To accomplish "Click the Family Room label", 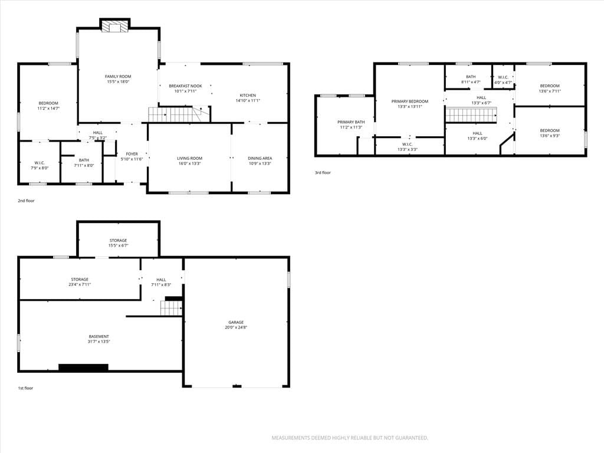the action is pyautogui.click(x=118, y=77).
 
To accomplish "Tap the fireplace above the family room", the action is pyautogui.click(x=115, y=27).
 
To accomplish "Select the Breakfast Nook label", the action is pyautogui.click(x=185, y=86).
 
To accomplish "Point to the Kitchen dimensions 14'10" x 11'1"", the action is pyautogui.click(x=248, y=100).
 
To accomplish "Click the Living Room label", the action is pyautogui.click(x=189, y=158).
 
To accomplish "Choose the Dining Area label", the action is pyautogui.click(x=260, y=158).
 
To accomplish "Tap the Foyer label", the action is pyautogui.click(x=132, y=154).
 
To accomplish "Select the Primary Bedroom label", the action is pyautogui.click(x=409, y=101).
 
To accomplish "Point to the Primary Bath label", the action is pyautogui.click(x=351, y=122).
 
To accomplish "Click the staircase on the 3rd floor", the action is pyautogui.click(x=471, y=115).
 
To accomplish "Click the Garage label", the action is pyautogui.click(x=236, y=323).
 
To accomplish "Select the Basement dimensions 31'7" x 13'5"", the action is pyautogui.click(x=99, y=342).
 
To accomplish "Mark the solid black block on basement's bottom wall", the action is pyautogui.click(x=83, y=367).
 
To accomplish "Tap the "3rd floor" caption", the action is pyautogui.click(x=323, y=173).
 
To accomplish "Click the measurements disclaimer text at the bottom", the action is pyautogui.click(x=350, y=438).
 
